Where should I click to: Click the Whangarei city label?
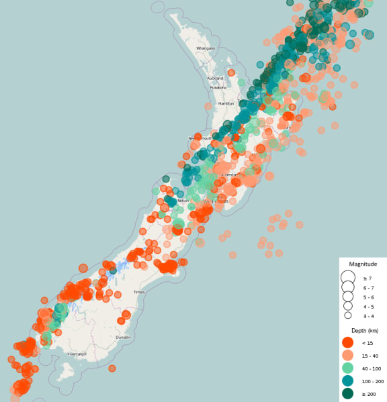coord(206,48)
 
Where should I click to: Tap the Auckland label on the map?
coord(215,78)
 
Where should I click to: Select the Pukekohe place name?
coord(218,87)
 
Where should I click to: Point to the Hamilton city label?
coord(226,103)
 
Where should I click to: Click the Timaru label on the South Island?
coord(139,292)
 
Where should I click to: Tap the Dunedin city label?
coord(123,337)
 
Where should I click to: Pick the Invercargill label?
coord(77,354)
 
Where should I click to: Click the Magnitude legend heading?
coord(363,264)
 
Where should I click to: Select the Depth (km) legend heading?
coord(363,330)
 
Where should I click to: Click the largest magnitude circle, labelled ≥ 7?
coord(347,277)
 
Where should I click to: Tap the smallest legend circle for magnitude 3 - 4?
coord(348,315)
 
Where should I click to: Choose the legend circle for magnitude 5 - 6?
coord(347,297)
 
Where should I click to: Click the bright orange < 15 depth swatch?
coord(347,342)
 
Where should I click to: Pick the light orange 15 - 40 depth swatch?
coord(347,355)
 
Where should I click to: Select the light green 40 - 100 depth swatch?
coord(347,368)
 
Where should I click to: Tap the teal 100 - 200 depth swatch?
coord(347,381)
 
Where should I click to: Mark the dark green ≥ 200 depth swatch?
coord(347,393)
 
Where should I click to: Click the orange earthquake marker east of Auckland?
coord(231,72)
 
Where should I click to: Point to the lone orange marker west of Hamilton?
coord(208,105)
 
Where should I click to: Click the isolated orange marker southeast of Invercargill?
coord(112,368)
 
